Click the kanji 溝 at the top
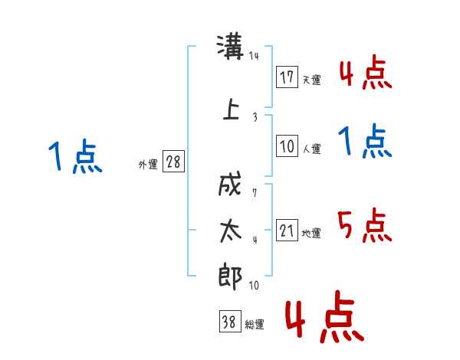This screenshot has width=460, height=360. (x=230, y=47)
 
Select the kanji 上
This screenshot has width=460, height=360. (x=231, y=109)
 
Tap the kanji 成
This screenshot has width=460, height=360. (x=230, y=184)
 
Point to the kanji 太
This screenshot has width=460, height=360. (x=231, y=231)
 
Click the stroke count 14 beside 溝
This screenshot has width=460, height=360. (x=254, y=55)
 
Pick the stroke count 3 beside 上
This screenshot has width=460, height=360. (x=255, y=117)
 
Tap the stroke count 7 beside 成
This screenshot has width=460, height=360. (x=255, y=193)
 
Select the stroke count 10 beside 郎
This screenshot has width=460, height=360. (x=254, y=285)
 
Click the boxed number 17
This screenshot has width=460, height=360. (x=287, y=77)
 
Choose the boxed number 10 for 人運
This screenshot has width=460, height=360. (x=287, y=146)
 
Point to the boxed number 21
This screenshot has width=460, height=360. (x=287, y=230)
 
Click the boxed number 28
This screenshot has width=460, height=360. (x=173, y=162)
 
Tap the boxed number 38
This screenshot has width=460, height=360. (x=230, y=321)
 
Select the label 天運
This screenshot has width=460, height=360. (x=312, y=80)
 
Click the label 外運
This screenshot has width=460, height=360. (x=148, y=165)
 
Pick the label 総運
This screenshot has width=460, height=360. (x=255, y=325)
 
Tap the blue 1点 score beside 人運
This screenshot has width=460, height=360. (x=365, y=141)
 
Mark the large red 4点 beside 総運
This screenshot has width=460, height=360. (x=324, y=316)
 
